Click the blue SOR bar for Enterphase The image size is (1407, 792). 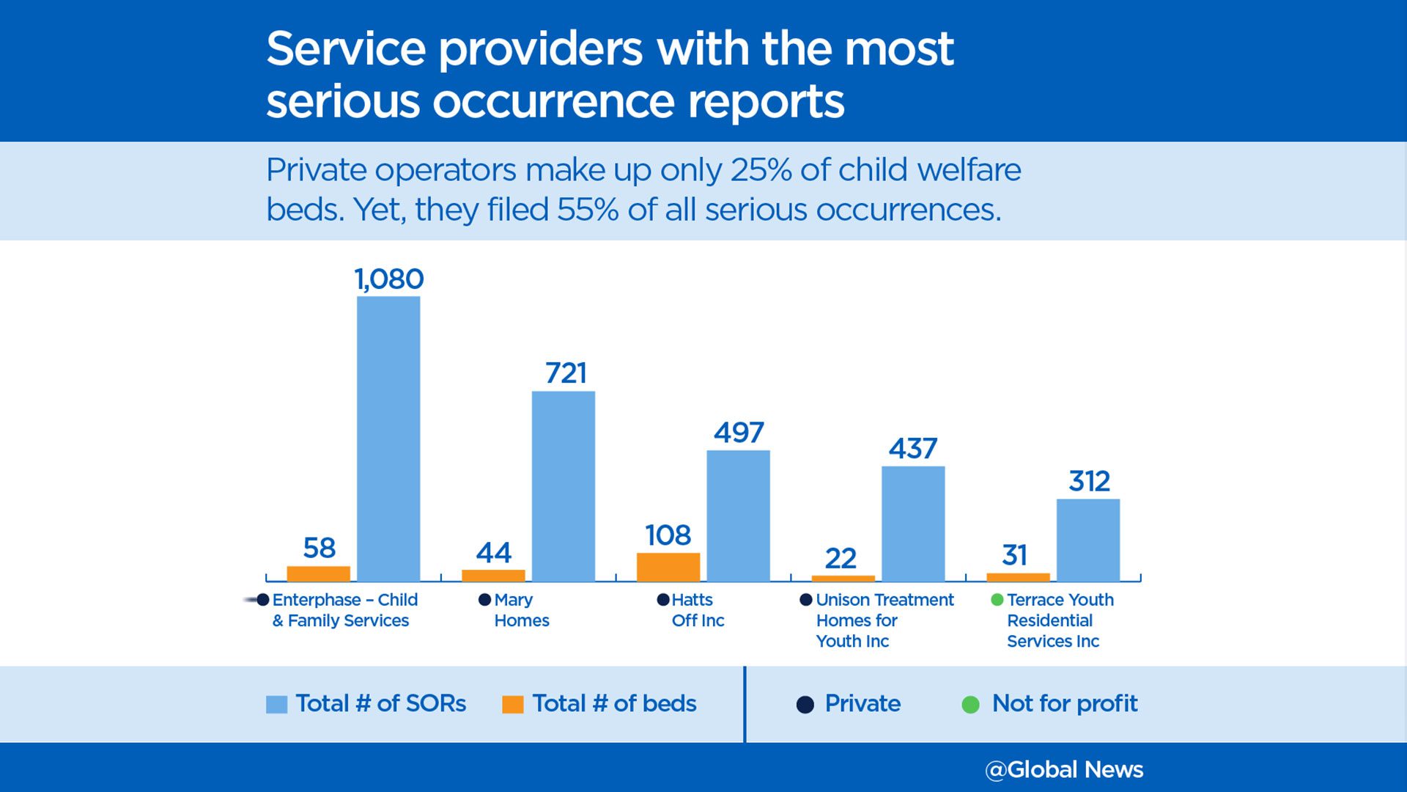[388, 439]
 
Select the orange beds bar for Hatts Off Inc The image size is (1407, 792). [668, 567]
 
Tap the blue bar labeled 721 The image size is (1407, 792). [564, 486]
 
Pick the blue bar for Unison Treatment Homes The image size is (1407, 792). [913, 524]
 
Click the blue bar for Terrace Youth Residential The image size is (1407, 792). [1088, 540]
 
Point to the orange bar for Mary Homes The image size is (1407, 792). [493, 576]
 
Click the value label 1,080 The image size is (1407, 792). [389, 279]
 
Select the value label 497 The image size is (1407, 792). [739, 433]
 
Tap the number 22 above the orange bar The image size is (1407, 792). [841, 559]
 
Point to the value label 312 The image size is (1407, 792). [1089, 482]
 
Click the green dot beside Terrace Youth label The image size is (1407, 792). [997, 600]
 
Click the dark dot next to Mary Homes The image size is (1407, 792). [484, 600]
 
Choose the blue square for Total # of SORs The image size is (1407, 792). [276, 705]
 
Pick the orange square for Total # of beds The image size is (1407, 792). [513, 705]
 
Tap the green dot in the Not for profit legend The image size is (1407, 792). [970, 705]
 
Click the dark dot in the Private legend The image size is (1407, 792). [805, 705]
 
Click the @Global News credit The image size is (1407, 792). [1064, 770]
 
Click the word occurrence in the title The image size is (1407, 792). [554, 101]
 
